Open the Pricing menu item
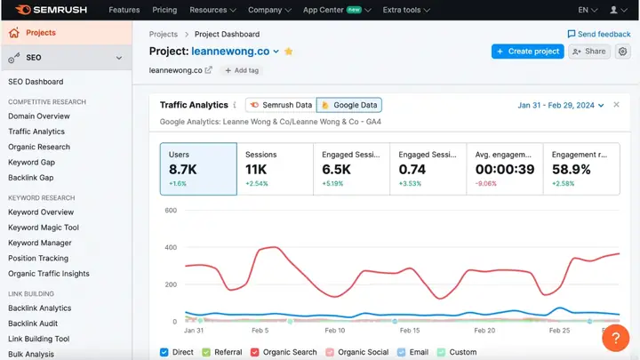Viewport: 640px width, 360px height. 164,10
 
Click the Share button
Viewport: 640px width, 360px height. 589,52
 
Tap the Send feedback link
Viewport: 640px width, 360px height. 598,34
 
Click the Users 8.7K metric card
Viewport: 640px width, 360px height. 198,169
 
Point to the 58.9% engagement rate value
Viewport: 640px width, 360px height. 572,169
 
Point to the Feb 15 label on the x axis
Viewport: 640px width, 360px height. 410,331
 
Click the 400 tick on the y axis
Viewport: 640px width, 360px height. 171,248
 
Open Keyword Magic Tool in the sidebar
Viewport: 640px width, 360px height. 44,228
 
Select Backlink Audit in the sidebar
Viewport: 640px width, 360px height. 33,324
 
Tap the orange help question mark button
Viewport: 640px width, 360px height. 615,339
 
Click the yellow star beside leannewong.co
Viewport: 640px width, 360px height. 289,52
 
